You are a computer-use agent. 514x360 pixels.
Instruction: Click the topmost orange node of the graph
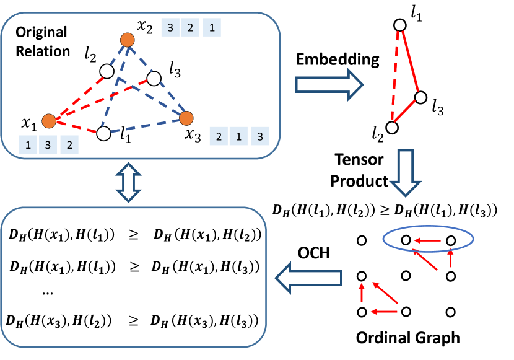(x=128, y=40)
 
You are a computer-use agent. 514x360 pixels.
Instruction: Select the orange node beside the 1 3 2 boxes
(x=49, y=121)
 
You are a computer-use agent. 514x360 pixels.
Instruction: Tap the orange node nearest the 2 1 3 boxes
(x=186, y=118)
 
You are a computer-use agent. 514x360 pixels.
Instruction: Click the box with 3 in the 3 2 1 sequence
(x=170, y=27)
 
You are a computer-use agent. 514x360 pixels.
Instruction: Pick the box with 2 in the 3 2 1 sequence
(x=191, y=27)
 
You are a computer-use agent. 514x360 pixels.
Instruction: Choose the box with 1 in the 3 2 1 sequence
(x=212, y=27)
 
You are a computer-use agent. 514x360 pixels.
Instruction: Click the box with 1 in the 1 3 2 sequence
(x=28, y=144)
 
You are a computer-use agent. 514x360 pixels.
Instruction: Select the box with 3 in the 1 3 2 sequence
(x=49, y=144)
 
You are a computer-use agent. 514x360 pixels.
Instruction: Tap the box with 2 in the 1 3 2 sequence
(x=69, y=144)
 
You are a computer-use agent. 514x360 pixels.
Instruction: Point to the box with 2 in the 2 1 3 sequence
(x=219, y=136)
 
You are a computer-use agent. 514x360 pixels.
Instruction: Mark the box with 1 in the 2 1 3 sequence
(x=239, y=136)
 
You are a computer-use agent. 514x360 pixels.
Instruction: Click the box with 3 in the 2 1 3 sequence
(x=260, y=136)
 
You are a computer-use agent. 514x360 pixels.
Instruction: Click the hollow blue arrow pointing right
(x=329, y=84)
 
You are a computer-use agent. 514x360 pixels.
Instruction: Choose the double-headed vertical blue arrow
(x=129, y=183)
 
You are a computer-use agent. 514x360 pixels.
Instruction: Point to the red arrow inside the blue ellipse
(x=427, y=240)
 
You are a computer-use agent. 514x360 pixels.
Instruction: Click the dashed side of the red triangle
(x=395, y=74)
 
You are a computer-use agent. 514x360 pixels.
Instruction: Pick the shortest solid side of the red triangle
(x=404, y=110)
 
